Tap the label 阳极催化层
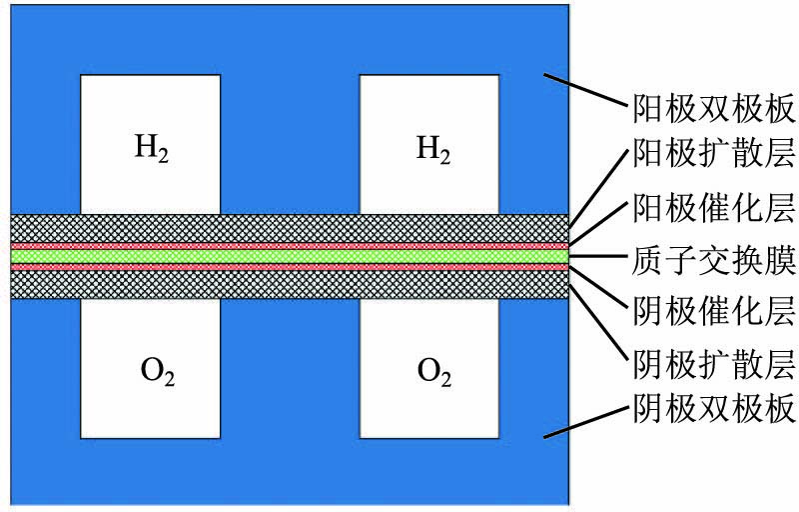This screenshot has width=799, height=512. click(x=714, y=209)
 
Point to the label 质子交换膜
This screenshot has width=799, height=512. click(x=714, y=260)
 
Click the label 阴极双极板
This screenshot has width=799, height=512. click(x=714, y=411)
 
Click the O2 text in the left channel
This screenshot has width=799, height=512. click(x=150, y=374)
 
